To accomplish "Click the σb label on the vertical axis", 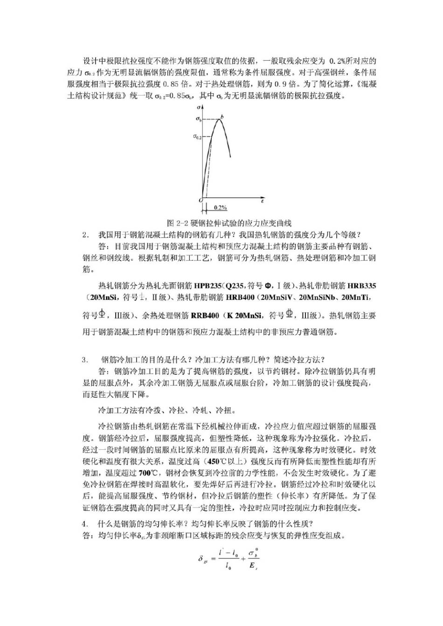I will tap(198, 120).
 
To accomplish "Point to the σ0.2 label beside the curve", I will tap(198, 137).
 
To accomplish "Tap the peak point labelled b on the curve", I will tap(222, 117).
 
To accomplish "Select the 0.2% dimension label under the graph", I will tap(221, 207).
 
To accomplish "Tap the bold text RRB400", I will tap(205, 316).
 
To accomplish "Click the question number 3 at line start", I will tap(84, 360).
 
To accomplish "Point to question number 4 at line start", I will tap(84, 524).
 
